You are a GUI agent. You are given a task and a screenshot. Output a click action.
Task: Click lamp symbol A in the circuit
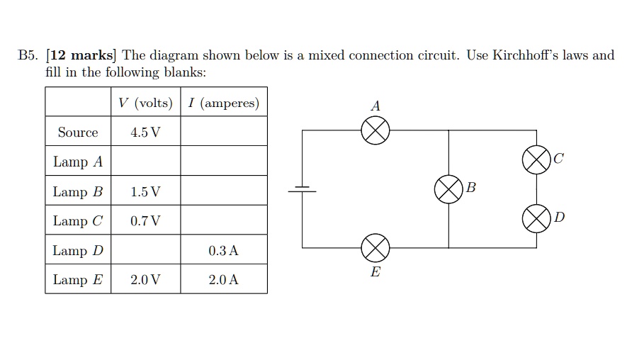tap(376, 130)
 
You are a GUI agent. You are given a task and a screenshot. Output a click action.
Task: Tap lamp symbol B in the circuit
tap(448, 189)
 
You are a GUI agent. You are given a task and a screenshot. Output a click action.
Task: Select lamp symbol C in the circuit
tap(536, 159)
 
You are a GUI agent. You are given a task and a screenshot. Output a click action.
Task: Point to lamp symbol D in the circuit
tap(536, 218)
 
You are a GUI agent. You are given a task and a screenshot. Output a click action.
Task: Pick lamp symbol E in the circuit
tap(376, 247)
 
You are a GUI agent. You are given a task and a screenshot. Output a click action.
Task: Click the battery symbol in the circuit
tap(303, 189)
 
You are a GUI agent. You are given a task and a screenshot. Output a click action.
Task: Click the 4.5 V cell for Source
tap(145, 133)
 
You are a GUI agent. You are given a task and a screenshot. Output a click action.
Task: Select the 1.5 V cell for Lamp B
tap(145, 192)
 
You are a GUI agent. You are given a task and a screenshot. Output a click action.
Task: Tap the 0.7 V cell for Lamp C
tap(145, 221)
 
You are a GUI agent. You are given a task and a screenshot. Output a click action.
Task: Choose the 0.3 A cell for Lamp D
tap(224, 251)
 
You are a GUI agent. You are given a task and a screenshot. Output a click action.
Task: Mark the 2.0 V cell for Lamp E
tap(145, 280)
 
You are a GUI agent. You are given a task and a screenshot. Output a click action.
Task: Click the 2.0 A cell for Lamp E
tap(224, 280)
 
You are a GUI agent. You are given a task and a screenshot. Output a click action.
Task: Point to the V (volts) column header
tap(145, 103)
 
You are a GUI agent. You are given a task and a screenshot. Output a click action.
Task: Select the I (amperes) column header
tap(224, 103)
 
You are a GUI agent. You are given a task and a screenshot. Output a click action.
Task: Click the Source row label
tap(78, 133)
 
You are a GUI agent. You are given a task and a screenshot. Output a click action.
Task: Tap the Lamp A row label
tap(78, 162)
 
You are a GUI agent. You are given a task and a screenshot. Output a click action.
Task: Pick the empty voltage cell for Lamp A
tap(145, 162)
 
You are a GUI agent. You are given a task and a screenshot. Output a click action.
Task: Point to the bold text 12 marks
tap(81, 55)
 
